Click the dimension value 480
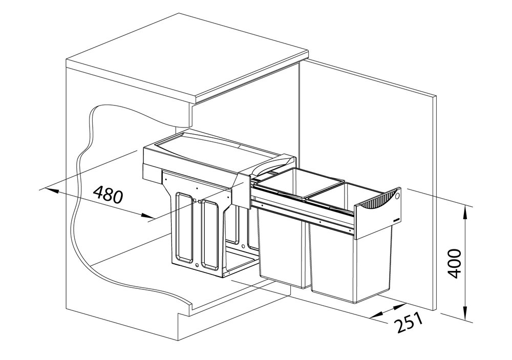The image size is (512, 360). [108, 195]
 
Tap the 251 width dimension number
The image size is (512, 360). [408, 321]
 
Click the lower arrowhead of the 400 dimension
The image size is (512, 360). [465, 314]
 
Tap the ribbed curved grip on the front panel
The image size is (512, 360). [379, 200]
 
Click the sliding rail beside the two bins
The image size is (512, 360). [304, 214]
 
